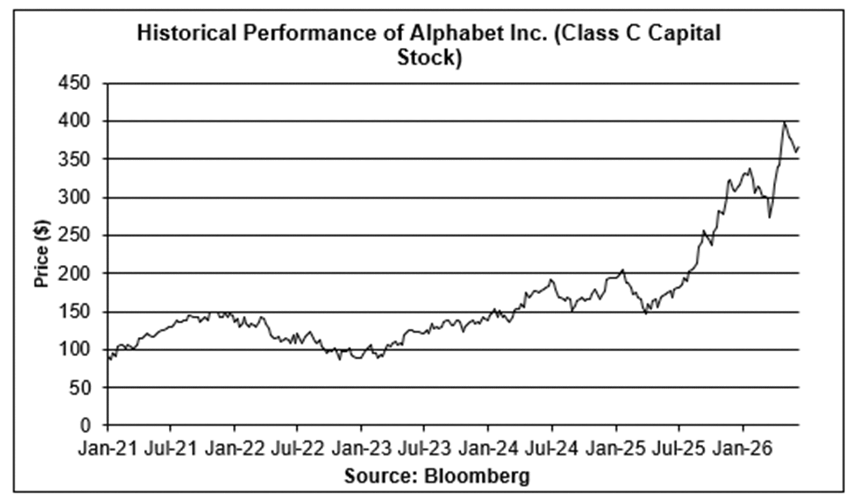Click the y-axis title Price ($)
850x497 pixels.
[42, 253]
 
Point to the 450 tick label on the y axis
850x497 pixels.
[74, 83]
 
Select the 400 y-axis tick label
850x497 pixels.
[74, 121]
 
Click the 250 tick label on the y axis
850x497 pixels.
[74, 235]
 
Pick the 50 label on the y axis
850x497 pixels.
[79, 387]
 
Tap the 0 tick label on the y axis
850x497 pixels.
[85, 425]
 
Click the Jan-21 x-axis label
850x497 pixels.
[108, 449]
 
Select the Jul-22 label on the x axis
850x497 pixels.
[298, 449]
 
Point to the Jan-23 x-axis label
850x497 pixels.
[361, 449]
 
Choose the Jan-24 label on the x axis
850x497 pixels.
[488, 449]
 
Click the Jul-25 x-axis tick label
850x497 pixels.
[679, 449]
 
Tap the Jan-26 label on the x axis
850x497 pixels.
[743, 449]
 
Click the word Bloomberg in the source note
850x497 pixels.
[477, 476]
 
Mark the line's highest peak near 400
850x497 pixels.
[784, 122]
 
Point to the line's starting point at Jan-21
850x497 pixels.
[108, 358]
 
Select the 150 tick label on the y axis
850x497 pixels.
[74, 311]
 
